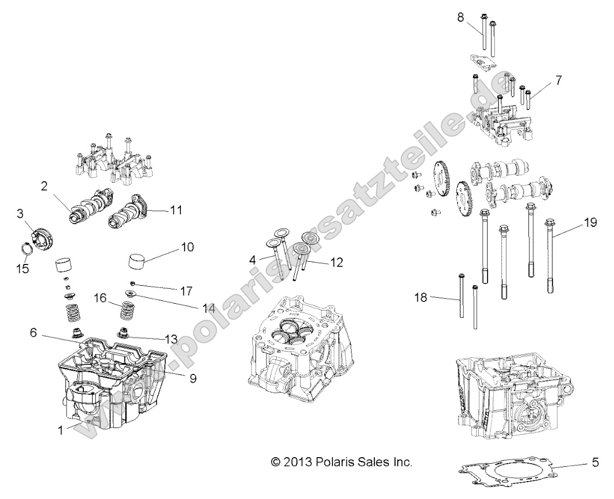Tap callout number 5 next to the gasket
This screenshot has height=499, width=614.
pos(595,463)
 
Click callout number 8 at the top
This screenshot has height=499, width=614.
pos(460,17)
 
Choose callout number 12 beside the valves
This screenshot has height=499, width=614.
pos(337,262)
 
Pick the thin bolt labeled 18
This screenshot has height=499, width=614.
pos(461,297)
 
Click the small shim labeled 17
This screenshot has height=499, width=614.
pos(132,283)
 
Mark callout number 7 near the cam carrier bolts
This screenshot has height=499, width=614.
pos(558,80)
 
